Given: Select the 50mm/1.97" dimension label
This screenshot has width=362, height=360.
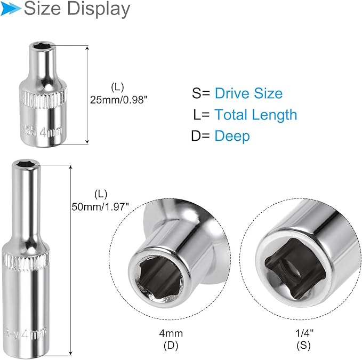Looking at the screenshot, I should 101,206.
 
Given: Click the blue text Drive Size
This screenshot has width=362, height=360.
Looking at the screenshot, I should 248,93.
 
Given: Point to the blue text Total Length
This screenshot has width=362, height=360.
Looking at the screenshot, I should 255,114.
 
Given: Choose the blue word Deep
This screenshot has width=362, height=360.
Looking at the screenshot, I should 232,135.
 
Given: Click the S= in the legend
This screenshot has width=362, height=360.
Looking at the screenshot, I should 201,93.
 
